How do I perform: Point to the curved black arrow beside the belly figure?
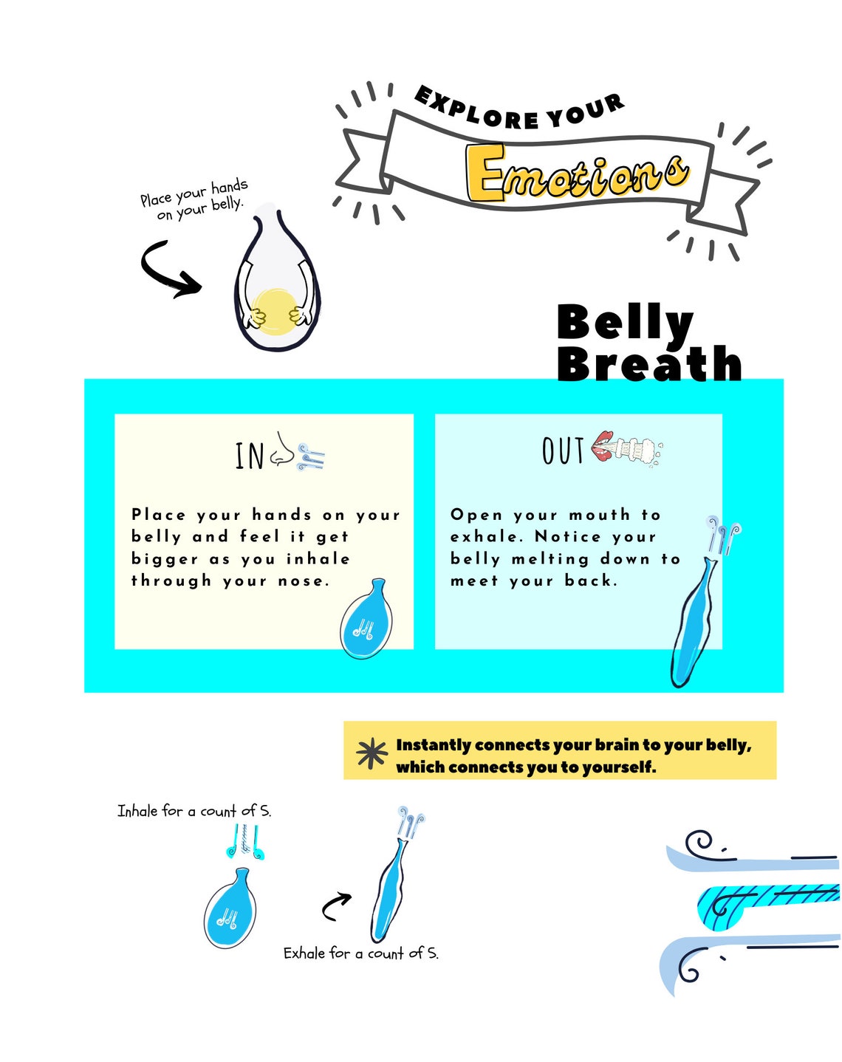[168, 270]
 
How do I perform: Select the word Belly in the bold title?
[625, 323]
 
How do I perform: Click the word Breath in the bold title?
[648, 363]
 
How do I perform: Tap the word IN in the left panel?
[250, 456]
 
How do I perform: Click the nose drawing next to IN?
[280, 450]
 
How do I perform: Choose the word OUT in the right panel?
[563, 451]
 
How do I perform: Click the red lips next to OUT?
[603, 446]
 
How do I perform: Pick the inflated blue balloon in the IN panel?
[366, 621]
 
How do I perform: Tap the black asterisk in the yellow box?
[372, 753]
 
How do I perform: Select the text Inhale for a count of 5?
[194, 811]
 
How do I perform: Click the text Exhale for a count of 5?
[360, 953]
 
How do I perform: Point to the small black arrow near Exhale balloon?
[336, 906]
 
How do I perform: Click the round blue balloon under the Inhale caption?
[230, 910]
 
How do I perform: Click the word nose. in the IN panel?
[304, 581]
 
